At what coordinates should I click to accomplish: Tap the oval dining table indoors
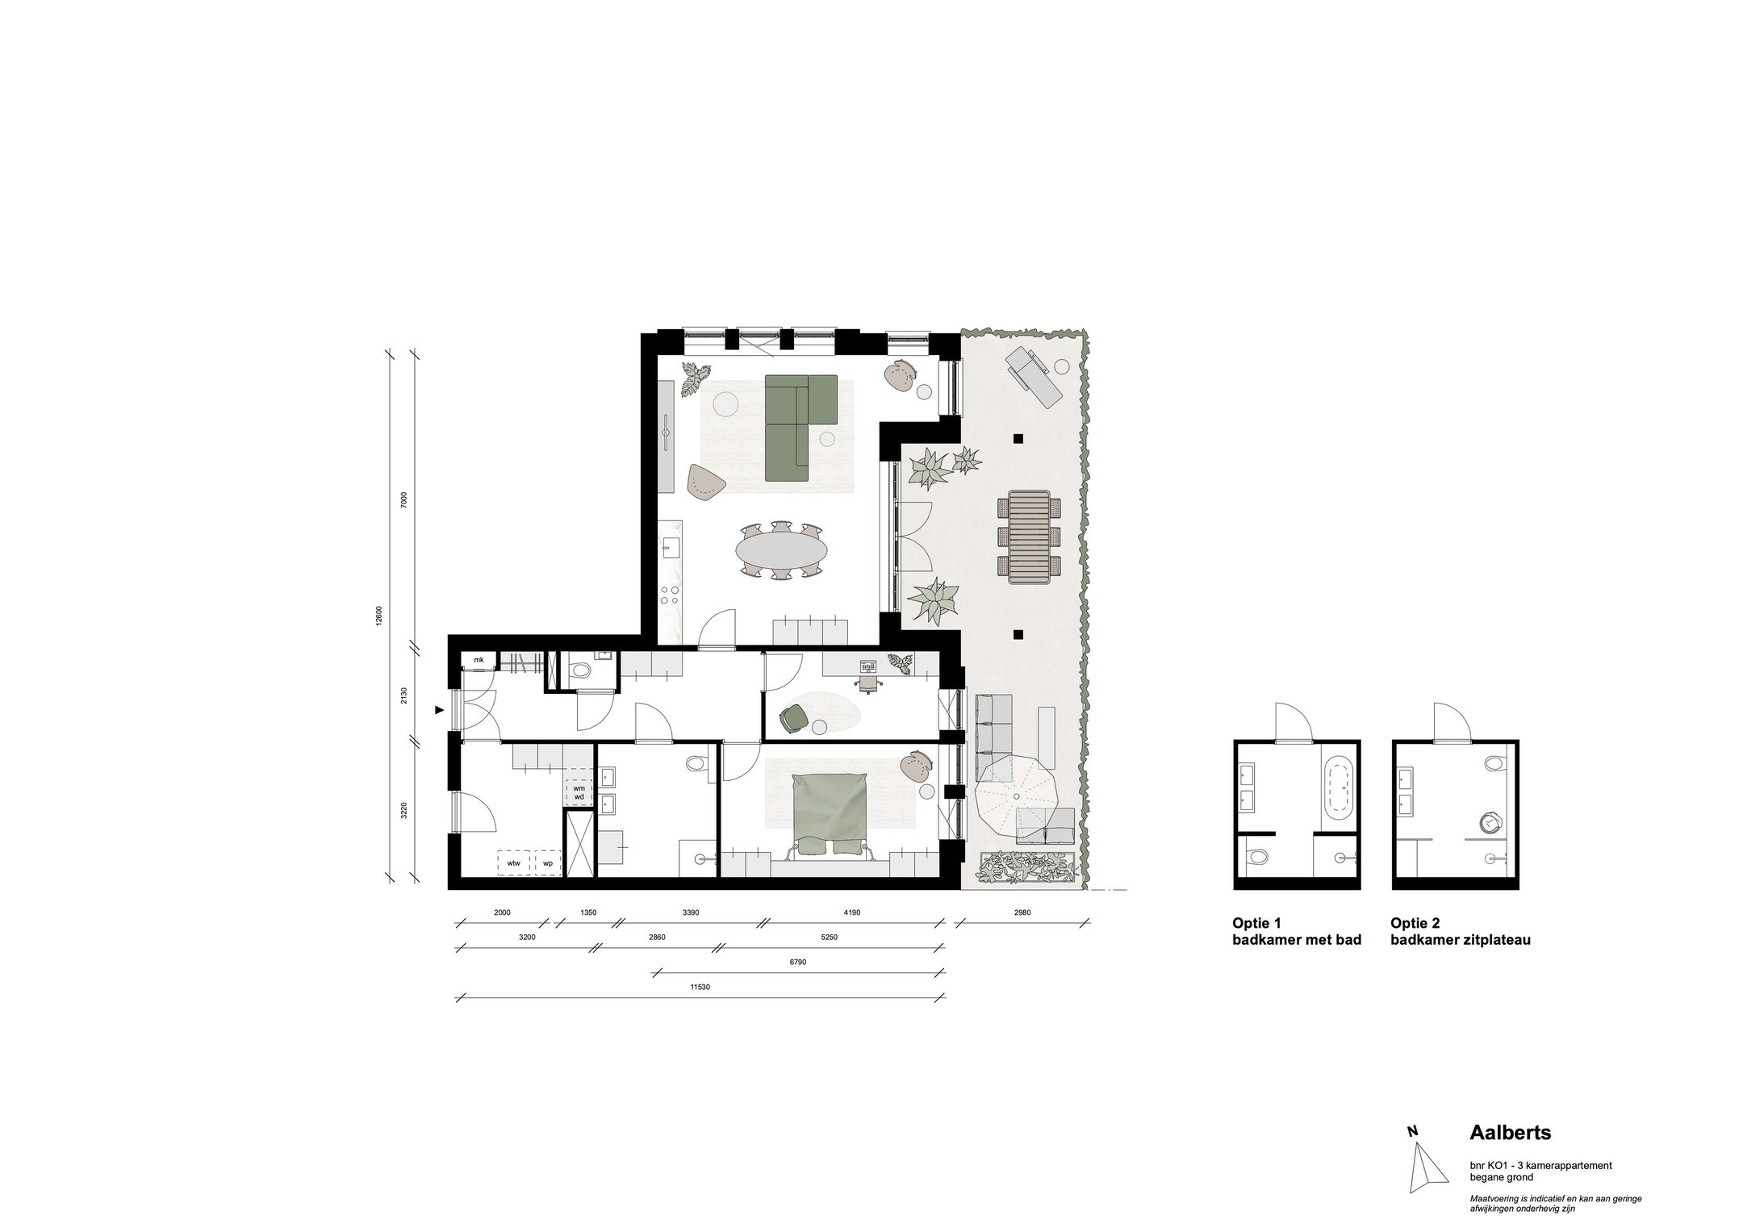coord(781,550)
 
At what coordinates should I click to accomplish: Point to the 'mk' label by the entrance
coord(479,660)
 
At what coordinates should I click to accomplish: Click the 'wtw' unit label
coord(513,863)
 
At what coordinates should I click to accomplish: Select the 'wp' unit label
coord(548,863)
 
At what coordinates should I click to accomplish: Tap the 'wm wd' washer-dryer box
coord(579,793)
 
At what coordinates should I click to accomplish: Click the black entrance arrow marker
coord(439,710)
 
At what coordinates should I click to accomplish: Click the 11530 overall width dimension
coord(700,987)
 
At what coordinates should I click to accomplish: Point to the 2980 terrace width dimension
coord(1022,913)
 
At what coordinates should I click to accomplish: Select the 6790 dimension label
coord(799,962)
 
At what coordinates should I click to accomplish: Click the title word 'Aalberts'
coord(1511,1134)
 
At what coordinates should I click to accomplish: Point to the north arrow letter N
coord(1413,1154)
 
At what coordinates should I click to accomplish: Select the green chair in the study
coord(792,716)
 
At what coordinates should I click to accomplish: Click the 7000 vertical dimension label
coord(404,499)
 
